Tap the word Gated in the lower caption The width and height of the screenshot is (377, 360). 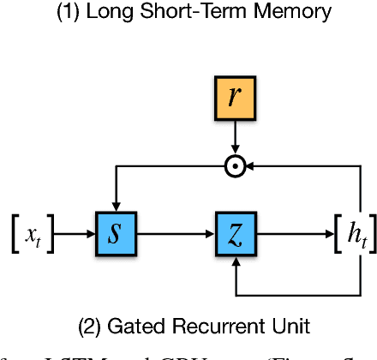132,326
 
